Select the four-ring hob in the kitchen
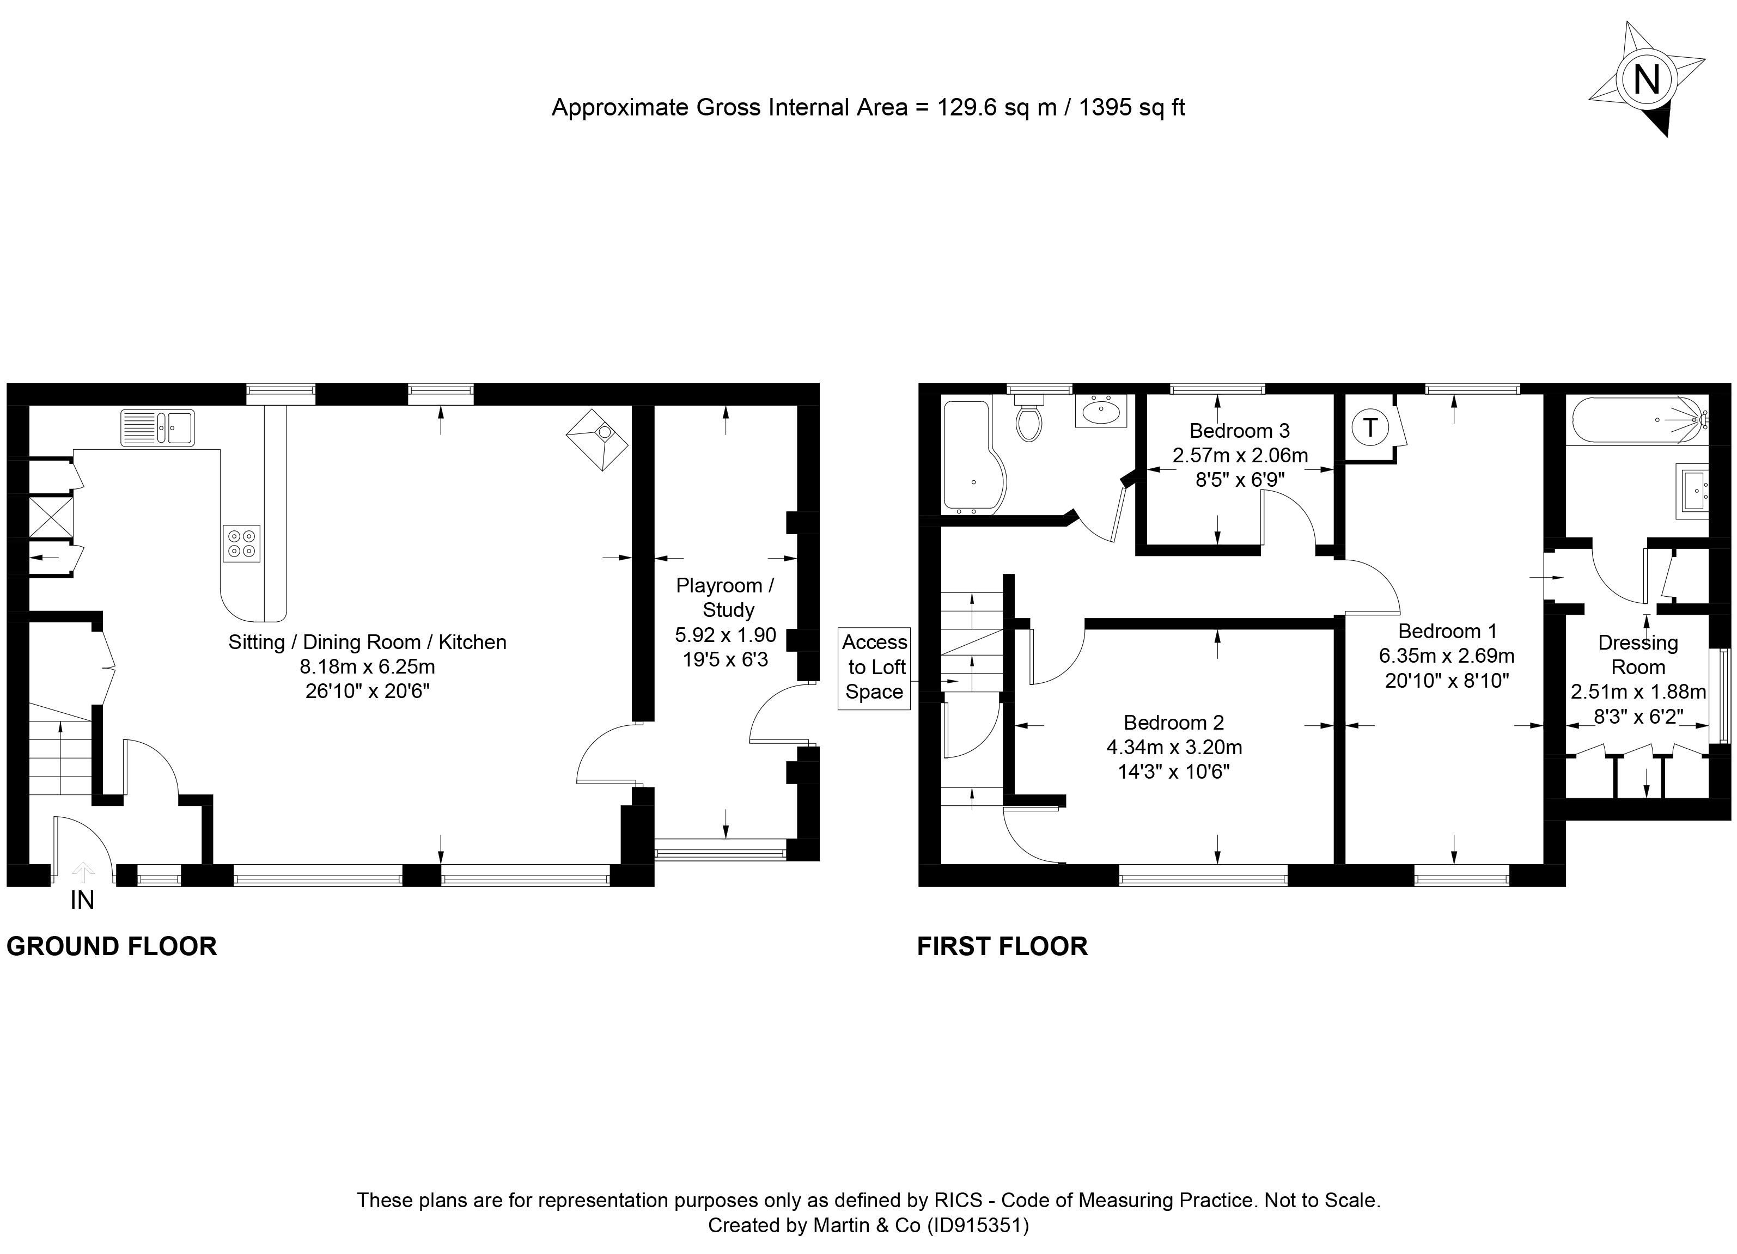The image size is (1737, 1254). [x=241, y=543]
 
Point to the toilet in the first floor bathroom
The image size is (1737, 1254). [x=1028, y=419]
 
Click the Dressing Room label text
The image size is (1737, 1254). [x=1638, y=654]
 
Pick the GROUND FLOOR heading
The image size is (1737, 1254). [x=112, y=946]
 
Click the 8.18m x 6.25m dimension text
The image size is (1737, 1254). [x=368, y=667]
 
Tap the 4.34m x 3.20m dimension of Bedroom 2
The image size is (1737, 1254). [x=1174, y=747]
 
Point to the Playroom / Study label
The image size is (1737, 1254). [x=726, y=598]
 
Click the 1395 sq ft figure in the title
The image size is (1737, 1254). [x=1132, y=108]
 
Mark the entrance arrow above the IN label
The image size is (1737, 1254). [x=83, y=872]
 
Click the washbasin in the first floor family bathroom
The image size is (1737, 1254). [x=1101, y=411]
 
